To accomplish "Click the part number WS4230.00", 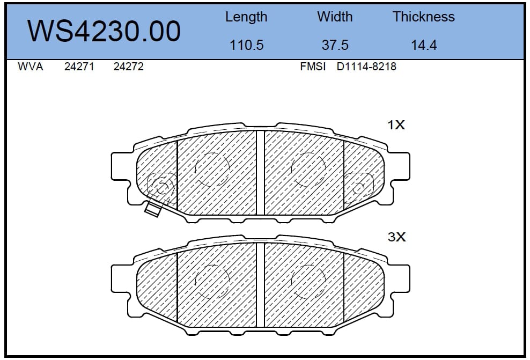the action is click(x=104, y=31).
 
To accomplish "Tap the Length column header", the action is click(x=246, y=17).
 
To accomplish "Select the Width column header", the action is click(x=335, y=17).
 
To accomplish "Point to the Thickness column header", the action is click(x=424, y=17).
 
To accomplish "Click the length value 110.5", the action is click(x=246, y=45).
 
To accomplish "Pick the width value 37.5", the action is click(x=335, y=45).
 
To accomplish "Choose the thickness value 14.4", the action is click(x=424, y=45).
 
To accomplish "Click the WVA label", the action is click(x=31, y=67).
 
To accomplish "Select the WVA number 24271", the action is click(x=79, y=67).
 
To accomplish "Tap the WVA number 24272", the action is click(x=128, y=67).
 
